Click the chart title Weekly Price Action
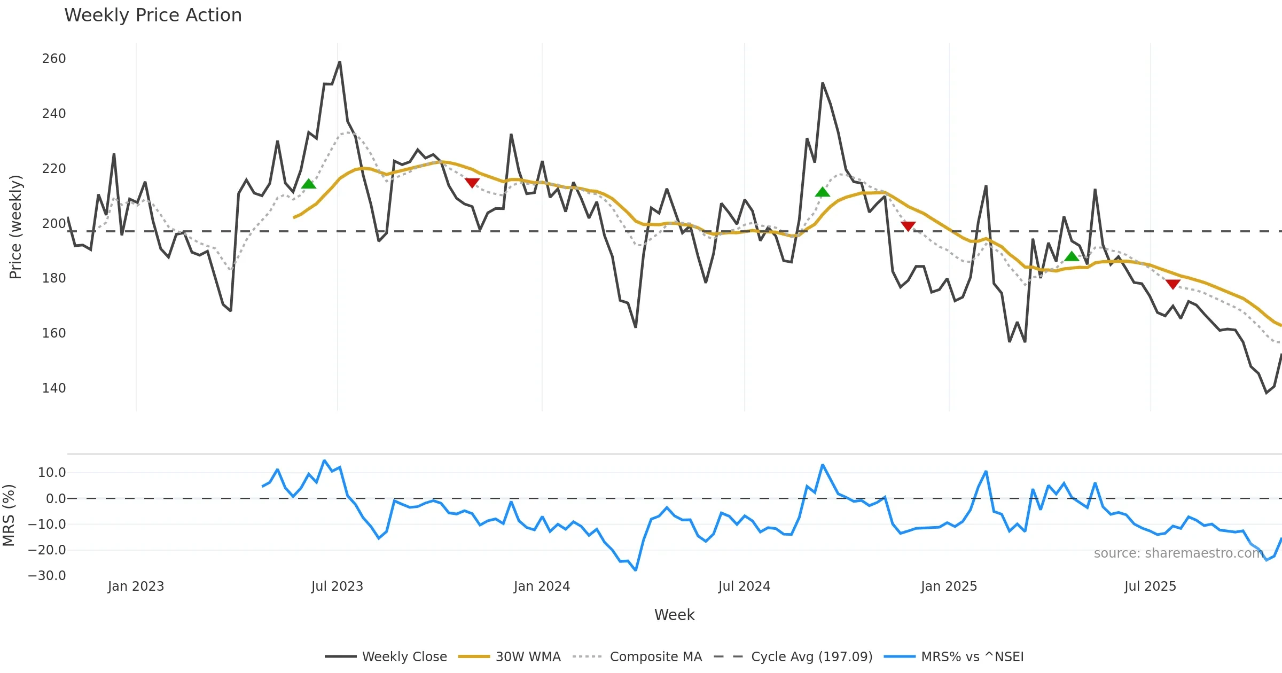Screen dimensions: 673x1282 [x=153, y=15]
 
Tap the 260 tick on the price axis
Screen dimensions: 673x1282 [x=54, y=59]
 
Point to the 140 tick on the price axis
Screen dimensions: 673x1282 [x=54, y=388]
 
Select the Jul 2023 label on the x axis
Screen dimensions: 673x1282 [x=337, y=586]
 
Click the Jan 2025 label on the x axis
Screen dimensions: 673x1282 [x=949, y=586]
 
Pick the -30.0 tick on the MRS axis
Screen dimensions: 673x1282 [x=47, y=576]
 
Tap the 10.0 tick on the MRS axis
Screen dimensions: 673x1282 [x=52, y=473]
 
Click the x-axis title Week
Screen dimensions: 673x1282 [x=674, y=615]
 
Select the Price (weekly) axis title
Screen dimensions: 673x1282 [x=16, y=227]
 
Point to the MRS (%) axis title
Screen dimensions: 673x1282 [x=9, y=515]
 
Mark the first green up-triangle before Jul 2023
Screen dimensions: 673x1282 [x=309, y=184]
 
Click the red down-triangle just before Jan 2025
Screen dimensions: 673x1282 [x=908, y=226]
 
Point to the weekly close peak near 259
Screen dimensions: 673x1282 [x=340, y=62]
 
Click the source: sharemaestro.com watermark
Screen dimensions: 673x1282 [x=1178, y=553]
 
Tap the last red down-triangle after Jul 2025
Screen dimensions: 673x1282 [x=1173, y=284]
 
